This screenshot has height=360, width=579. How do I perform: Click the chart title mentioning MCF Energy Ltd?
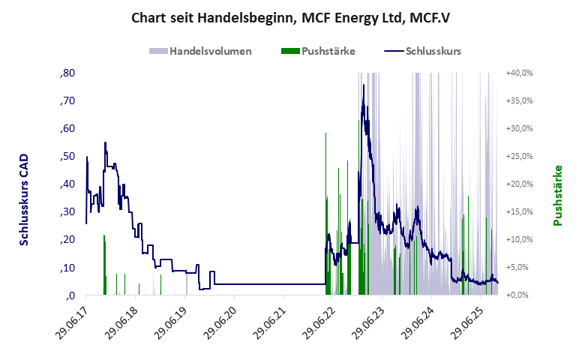289,19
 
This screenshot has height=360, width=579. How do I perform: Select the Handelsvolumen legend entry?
200,52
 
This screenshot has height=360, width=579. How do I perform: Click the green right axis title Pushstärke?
558,195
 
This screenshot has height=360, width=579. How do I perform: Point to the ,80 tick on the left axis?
67,73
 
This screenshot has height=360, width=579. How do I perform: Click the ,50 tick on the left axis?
67,157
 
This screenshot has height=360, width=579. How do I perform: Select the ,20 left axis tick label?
67,240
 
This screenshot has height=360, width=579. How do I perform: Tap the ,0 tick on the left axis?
69,295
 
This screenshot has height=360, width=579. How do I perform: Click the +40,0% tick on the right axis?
519,73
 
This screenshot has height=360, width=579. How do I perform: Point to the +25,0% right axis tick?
519,157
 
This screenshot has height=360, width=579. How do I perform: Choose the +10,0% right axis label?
519,240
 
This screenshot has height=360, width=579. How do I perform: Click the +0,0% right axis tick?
520,295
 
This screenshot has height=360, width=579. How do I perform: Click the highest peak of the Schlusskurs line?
364,85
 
